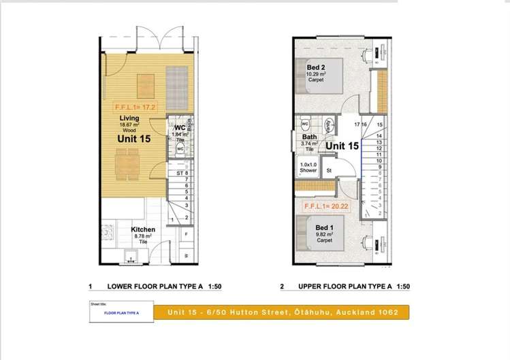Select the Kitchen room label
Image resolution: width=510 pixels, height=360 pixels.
tap(143, 230)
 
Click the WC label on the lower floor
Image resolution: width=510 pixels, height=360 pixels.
tap(180, 128)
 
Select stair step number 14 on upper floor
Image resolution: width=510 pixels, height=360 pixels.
tap(379, 135)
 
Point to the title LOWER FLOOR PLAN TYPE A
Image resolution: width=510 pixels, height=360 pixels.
tap(151, 287)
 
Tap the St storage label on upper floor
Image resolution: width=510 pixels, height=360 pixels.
tap(328, 170)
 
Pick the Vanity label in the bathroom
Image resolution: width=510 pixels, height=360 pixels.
tap(328, 125)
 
